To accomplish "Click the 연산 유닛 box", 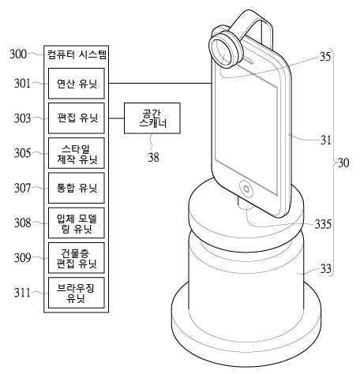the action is point(77,84).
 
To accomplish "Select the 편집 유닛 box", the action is point(77,118).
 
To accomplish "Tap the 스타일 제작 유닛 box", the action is point(77,153).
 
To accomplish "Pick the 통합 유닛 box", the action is point(77,188).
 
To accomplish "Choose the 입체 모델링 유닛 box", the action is point(77,223).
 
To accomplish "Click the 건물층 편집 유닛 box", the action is point(77,258).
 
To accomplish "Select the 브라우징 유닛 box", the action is point(77,293).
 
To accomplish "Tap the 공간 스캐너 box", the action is point(152,118).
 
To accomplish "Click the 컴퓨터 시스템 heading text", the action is point(77,54).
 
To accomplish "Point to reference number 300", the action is point(18,54).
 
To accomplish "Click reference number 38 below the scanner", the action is point(153,157).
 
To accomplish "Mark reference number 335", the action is point(323,224).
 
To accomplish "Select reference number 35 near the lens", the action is point(325,56).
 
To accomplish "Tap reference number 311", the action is point(22,292).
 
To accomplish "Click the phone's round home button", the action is point(246,189).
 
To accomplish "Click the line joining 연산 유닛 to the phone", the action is point(160,84).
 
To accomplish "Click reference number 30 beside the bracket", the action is point(343,163).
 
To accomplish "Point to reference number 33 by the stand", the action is point(326,268).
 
